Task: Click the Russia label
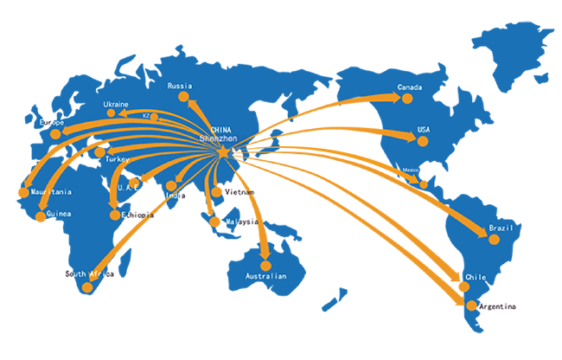[x=179, y=86]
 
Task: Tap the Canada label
[x=410, y=87]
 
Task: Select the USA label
[x=424, y=130]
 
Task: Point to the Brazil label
[x=501, y=228]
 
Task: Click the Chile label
[x=476, y=278]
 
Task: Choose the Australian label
[x=265, y=277]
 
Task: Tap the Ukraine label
[x=116, y=105]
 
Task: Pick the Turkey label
[x=117, y=160]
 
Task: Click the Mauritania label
[x=50, y=192]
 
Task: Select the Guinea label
[x=59, y=213]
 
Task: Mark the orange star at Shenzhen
[x=222, y=152]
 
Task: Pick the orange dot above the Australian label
[x=265, y=265]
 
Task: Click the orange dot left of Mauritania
[x=22, y=192]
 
